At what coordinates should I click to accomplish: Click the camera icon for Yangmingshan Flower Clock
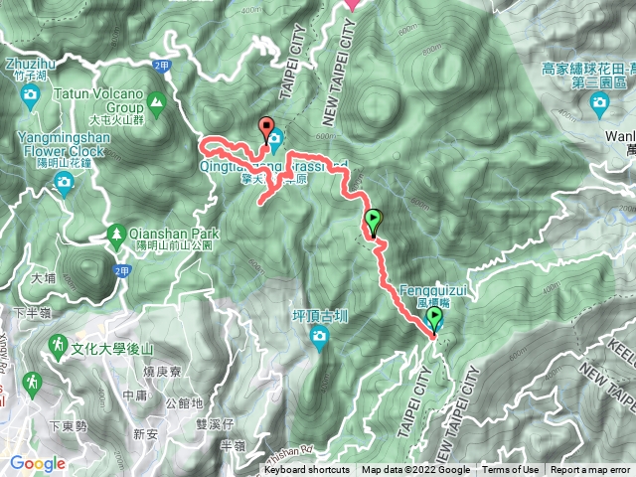pyautogui.click(x=64, y=181)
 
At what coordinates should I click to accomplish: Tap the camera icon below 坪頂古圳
pyautogui.click(x=320, y=339)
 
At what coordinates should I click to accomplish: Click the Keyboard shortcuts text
pyautogui.click(x=307, y=470)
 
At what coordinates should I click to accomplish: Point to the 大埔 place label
pyautogui.click(x=42, y=279)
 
